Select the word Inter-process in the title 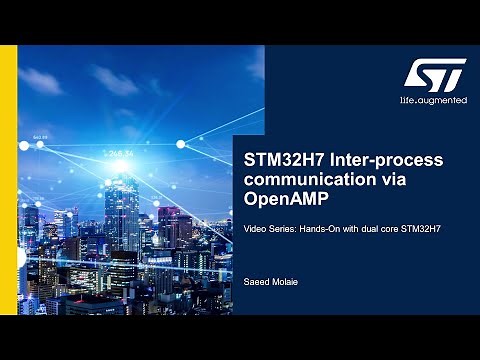tap(385, 160)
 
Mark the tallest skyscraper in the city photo tap(123, 215)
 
